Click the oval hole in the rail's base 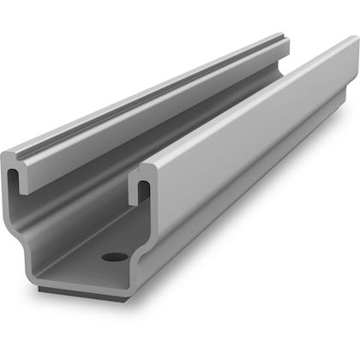(112, 256)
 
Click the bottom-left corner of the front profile (41, 276)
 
